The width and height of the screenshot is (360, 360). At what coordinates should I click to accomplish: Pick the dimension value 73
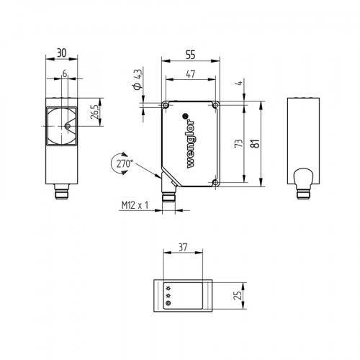point(238,144)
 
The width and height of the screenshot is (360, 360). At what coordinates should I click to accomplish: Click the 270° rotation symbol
point(123,163)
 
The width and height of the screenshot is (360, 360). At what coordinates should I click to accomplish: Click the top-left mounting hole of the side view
point(167,106)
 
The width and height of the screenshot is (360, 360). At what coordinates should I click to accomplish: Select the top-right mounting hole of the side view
point(215,106)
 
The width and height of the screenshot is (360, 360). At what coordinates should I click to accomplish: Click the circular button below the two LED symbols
point(168,303)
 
